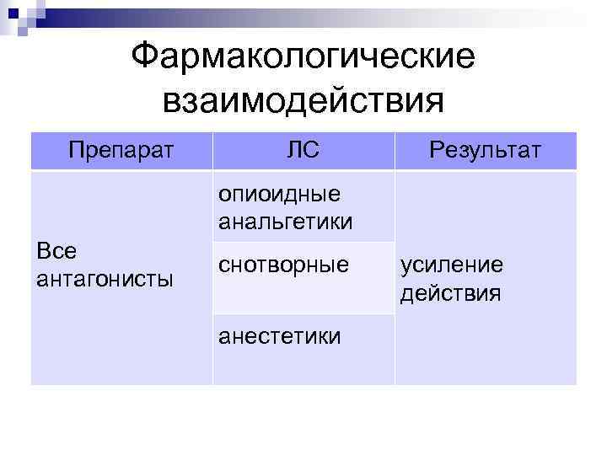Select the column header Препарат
[x=121, y=151]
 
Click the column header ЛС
[x=303, y=151]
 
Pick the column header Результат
[x=485, y=151]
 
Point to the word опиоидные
[x=279, y=195]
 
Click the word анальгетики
[x=285, y=222]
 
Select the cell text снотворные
[x=283, y=265]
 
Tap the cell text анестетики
[x=280, y=336]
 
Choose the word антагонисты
[x=105, y=278]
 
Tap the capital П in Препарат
[x=77, y=151]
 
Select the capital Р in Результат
[x=436, y=151]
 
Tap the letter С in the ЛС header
[x=311, y=151]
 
